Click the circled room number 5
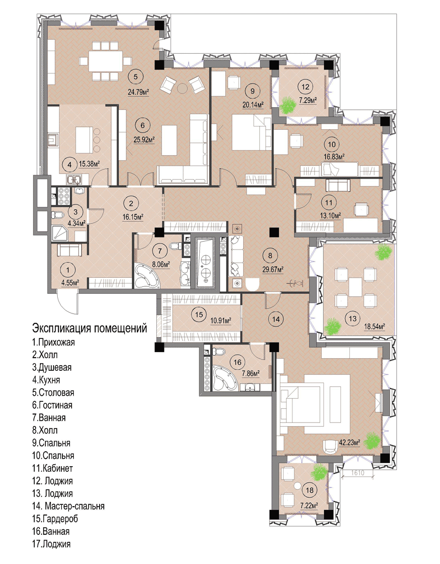(x=135, y=77)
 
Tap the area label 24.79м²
(x=139, y=92)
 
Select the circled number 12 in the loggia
(x=305, y=86)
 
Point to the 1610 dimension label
(x=357, y=473)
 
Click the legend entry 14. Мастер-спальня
(x=69, y=506)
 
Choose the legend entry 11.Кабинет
(x=53, y=468)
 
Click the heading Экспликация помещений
(x=89, y=328)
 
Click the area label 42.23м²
(x=349, y=442)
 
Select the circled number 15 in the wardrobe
(x=199, y=314)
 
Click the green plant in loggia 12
(x=288, y=105)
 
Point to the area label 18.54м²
(x=374, y=326)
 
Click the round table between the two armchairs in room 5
(x=182, y=88)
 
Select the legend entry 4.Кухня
(x=46, y=380)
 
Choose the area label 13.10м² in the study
(x=330, y=215)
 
